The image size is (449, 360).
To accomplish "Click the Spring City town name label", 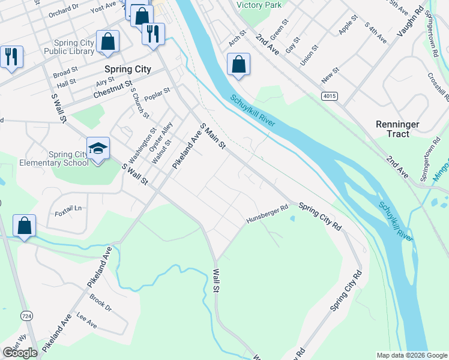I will pos(127,69).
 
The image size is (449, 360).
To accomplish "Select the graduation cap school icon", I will pos(98,148).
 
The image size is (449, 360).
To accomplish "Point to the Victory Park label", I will pos(259,5).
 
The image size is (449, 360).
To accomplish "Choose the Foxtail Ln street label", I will pos(68,209).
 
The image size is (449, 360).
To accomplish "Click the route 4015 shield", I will pos(329,96).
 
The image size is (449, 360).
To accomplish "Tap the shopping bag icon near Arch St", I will pos(238,64).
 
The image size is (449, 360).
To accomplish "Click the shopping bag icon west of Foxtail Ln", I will pos(24,226).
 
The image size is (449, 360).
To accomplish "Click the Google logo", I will pos(20,353).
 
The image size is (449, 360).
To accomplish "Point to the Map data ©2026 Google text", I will pos(411,355).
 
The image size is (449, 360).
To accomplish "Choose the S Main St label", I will pos(212,136).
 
